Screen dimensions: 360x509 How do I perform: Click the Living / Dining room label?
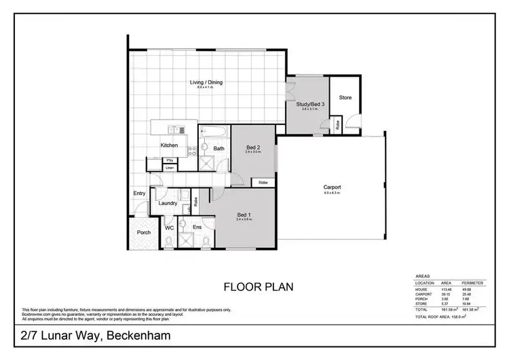205,83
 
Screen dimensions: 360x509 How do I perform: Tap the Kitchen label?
169,145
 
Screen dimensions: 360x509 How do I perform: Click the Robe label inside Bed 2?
263,183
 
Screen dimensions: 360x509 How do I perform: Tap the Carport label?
332,187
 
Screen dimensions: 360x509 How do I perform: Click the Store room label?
345,98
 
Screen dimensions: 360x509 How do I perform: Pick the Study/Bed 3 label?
310,104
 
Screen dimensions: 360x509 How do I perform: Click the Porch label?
144,232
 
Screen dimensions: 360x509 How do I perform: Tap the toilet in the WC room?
168,241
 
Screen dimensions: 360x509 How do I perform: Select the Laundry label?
168,203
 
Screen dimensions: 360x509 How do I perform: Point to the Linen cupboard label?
170,167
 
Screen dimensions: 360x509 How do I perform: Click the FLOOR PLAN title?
259,287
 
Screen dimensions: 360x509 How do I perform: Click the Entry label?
139,194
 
